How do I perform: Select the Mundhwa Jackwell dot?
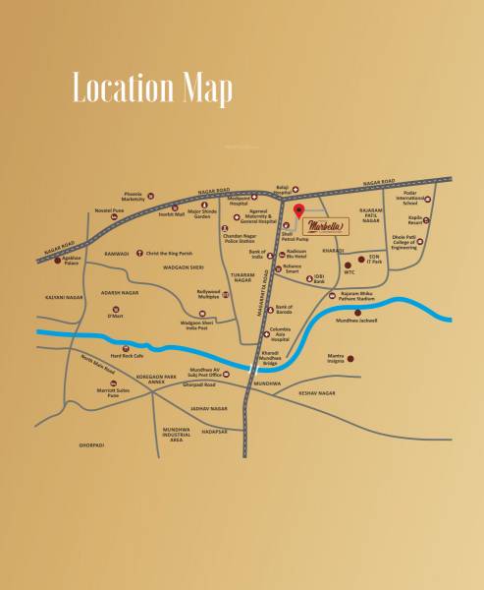click(371, 312)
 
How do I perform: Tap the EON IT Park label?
click(395, 260)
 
